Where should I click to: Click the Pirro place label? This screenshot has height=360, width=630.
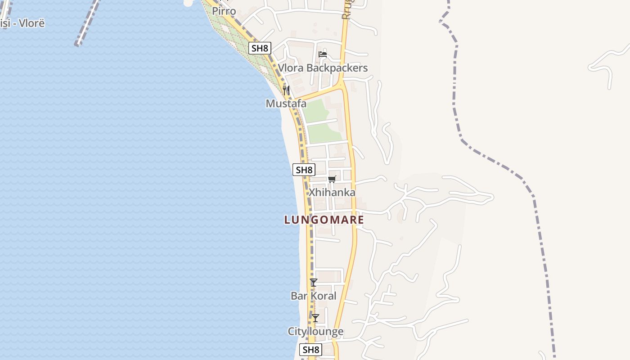224,11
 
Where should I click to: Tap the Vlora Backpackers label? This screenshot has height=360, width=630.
323,68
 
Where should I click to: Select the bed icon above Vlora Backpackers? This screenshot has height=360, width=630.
323,54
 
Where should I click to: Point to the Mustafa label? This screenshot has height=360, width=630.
286,103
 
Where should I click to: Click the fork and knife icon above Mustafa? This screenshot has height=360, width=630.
286,90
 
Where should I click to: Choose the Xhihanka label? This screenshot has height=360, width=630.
332,192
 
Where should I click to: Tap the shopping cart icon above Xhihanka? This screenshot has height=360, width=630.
332,179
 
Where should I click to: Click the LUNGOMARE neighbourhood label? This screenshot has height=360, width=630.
324,220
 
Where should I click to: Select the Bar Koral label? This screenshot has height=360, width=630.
313,296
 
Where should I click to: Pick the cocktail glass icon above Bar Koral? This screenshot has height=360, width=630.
314,283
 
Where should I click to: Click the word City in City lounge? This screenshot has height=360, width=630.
297,332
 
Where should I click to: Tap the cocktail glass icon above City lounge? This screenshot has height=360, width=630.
316,318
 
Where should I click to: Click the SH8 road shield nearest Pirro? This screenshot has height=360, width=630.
260,48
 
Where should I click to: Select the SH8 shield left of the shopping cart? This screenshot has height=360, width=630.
304,170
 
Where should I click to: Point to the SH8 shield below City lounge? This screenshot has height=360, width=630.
311,350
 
